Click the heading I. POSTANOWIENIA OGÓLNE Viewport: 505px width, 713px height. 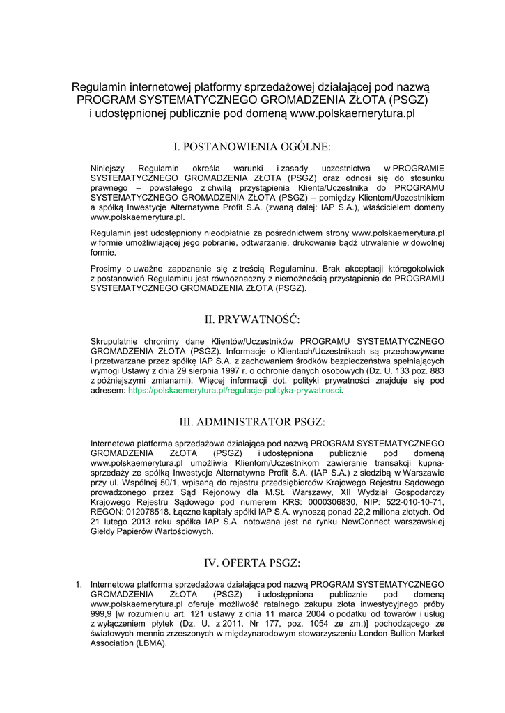(x=252, y=147)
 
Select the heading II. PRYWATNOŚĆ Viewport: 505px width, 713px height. (x=252, y=320)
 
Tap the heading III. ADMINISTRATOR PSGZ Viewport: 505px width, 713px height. (x=252, y=422)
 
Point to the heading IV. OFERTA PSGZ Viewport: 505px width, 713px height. (x=252, y=563)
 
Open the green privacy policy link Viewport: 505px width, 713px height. (x=235, y=391)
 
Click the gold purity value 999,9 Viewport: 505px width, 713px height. (x=102, y=614)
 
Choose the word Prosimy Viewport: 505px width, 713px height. (x=106, y=268)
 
